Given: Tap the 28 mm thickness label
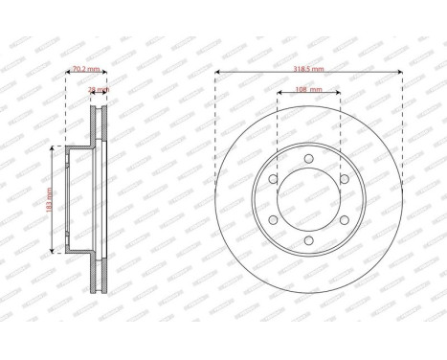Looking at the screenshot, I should tap(98, 89).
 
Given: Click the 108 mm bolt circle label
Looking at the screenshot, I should tap(307, 89).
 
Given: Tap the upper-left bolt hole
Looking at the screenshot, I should tap(274, 180).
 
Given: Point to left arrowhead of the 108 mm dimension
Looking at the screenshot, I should tap(279, 93).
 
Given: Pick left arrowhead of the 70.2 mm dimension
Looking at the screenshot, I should tap(66, 73).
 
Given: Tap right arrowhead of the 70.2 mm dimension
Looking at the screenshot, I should tap(105, 73).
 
